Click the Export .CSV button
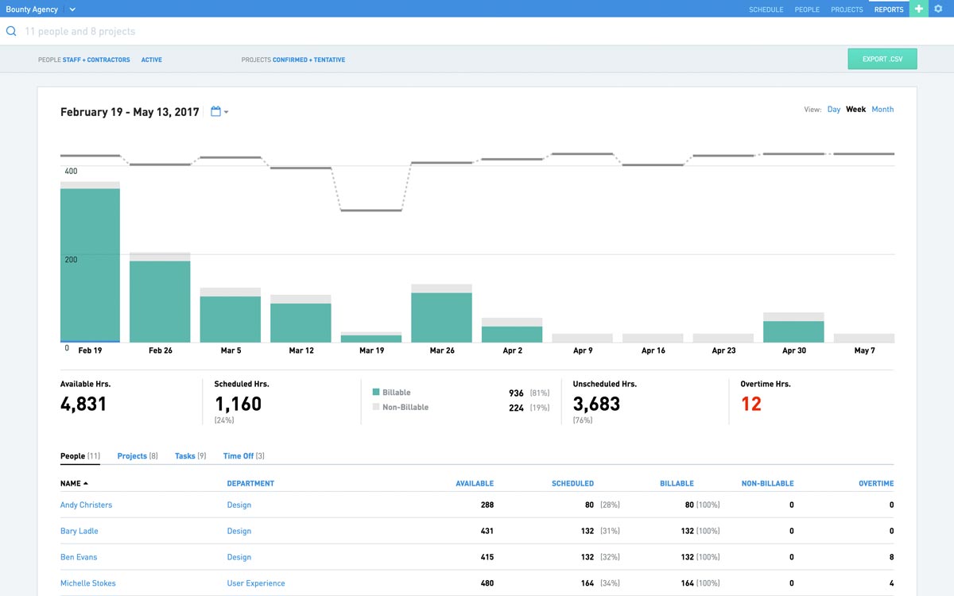(882, 59)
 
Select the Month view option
(882, 110)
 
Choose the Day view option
(833, 110)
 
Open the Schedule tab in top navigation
(766, 10)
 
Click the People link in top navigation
(807, 10)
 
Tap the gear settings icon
(937, 9)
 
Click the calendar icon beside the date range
(215, 112)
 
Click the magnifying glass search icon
(11, 32)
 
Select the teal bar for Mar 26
(441, 317)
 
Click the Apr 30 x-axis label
(793, 350)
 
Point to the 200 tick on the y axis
(71, 260)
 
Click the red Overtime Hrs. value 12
(750, 404)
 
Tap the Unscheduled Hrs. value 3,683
(596, 404)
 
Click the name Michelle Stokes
(87, 583)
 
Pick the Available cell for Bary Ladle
(487, 531)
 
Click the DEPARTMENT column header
(250, 483)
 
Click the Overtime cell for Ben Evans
(891, 557)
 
